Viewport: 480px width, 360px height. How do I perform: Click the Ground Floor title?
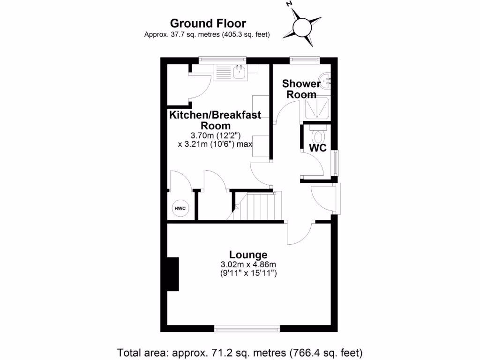point(208,23)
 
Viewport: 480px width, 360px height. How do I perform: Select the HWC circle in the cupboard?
point(180,208)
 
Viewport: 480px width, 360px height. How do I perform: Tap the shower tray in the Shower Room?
point(317,108)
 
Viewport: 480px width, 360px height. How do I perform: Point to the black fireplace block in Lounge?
point(173,274)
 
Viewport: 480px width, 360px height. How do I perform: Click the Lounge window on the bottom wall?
point(247,329)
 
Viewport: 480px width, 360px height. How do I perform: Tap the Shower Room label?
point(301,89)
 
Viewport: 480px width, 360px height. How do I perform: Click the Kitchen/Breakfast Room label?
point(216,120)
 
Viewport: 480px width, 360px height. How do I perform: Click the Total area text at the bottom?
point(240,352)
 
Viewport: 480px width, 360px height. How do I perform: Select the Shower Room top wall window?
point(304,60)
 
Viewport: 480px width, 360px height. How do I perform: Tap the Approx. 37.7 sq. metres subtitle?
point(207,34)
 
